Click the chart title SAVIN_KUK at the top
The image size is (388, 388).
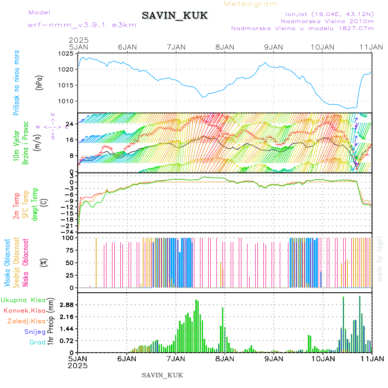[x=175, y=16]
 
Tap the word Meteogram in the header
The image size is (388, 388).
[x=251, y=4]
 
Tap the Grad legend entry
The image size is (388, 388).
[x=38, y=342]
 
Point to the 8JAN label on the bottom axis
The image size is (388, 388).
[x=225, y=358]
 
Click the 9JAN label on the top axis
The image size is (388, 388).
[x=273, y=47]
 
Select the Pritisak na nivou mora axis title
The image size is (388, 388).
[x=16, y=84]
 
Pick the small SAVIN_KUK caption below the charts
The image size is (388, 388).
[x=162, y=375]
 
